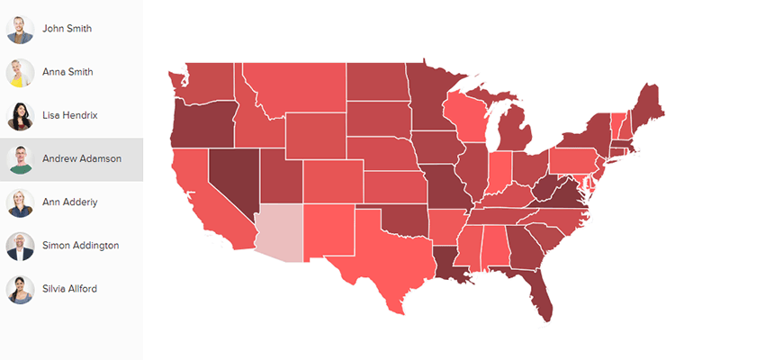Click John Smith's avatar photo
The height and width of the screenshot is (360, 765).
click(20, 29)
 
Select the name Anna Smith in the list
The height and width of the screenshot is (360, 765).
click(67, 72)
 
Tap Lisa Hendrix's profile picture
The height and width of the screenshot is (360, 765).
click(20, 116)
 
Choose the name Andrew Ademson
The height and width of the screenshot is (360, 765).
click(81, 159)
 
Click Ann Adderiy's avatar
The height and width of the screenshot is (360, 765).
click(20, 202)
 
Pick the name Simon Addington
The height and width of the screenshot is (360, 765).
click(80, 246)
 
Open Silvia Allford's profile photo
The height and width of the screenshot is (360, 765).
click(20, 289)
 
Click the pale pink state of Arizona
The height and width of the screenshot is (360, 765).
click(279, 230)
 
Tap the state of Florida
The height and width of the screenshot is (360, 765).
click(538, 288)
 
